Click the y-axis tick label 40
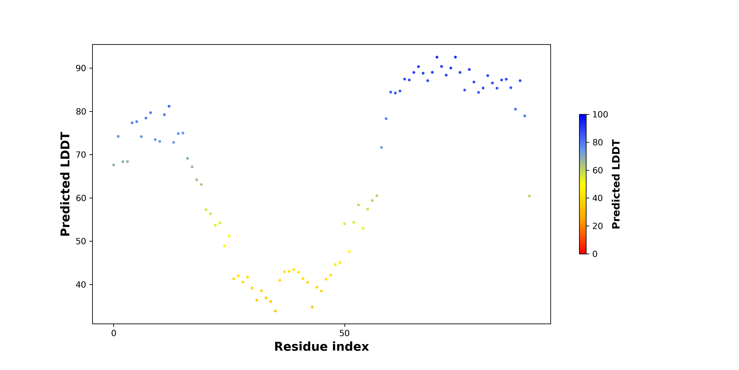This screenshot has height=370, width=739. (81, 284)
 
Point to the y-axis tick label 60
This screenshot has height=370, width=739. (81, 198)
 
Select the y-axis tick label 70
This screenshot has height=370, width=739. (81, 155)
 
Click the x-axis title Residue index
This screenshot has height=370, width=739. (321, 347)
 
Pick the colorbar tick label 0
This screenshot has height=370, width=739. (595, 254)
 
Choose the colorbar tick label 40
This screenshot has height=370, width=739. (598, 198)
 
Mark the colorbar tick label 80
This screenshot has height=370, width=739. (598, 142)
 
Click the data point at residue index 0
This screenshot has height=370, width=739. (114, 165)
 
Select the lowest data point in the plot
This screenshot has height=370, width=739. (275, 311)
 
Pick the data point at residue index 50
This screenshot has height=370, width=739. (344, 224)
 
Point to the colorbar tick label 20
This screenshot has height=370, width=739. (598, 226)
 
